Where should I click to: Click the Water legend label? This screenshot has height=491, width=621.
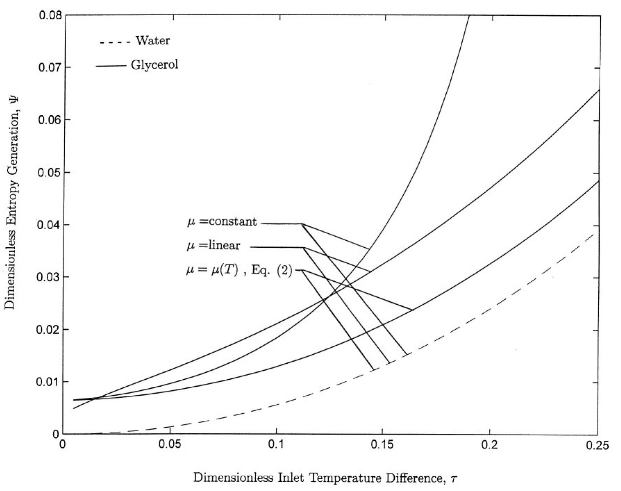152,41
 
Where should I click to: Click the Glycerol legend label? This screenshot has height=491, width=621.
154,65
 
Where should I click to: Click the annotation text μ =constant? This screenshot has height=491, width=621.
222,222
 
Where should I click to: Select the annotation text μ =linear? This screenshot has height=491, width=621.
213,246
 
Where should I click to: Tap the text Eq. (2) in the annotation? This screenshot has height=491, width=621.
272,270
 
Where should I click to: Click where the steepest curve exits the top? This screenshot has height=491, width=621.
469,16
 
